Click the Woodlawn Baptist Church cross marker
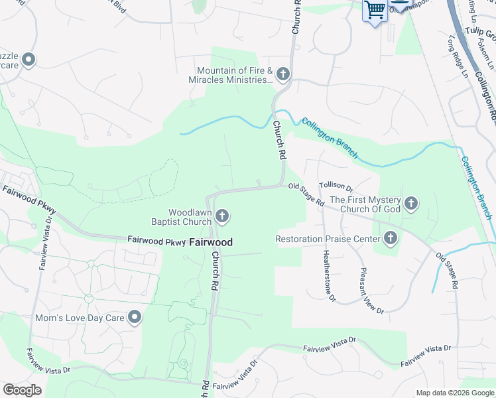click(x=222, y=216)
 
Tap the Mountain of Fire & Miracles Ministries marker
click(x=283, y=74)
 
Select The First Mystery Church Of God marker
click(x=411, y=204)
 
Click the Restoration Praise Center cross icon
click(x=391, y=238)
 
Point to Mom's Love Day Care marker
click(x=135, y=318)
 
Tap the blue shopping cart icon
click(x=375, y=10)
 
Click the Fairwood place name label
click(x=211, y=242)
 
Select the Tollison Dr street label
click(x=336, y=188)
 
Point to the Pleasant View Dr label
click(x=371, y=291)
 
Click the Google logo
click(x=22, y=390)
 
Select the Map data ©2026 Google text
click(x=455, y=393)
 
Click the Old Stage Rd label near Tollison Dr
click(x=306, y=193)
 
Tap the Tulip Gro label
click(x=479, y=33)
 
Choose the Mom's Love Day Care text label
click(x=80, y=318)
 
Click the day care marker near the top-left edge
click(x=29, y=60)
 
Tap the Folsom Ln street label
click(x=485, y=54)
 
